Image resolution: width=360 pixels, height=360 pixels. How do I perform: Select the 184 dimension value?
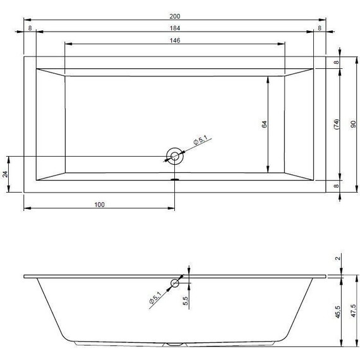coord(175,28)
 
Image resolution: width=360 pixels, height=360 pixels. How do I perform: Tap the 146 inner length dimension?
coord(175,40)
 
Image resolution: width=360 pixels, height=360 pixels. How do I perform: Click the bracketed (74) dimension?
coord(336,126)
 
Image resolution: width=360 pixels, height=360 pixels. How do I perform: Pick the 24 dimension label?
coord(5,174)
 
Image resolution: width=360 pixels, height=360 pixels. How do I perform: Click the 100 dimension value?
coord(99,204)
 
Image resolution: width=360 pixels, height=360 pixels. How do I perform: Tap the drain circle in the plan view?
coord(174,156)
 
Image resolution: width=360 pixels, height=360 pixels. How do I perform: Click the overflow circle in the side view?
coord(174,283)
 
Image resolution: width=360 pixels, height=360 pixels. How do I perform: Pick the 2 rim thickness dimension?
coord(338,257)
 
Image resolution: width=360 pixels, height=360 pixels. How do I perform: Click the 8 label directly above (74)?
coord(336,63)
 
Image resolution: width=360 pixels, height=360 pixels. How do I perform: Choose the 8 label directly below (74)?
coord(336,186)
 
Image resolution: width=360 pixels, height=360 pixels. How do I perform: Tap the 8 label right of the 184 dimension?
coord(320,28)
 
